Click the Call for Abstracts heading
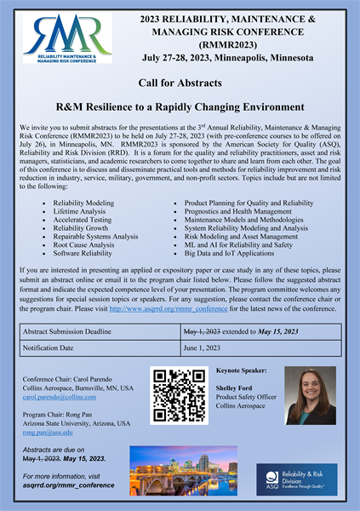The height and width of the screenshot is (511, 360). [180, 83]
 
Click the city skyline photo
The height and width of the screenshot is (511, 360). [184, 470]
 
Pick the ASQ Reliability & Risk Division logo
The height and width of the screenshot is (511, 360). [296, 479]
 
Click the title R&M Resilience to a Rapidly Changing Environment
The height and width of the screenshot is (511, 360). [180, 107]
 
